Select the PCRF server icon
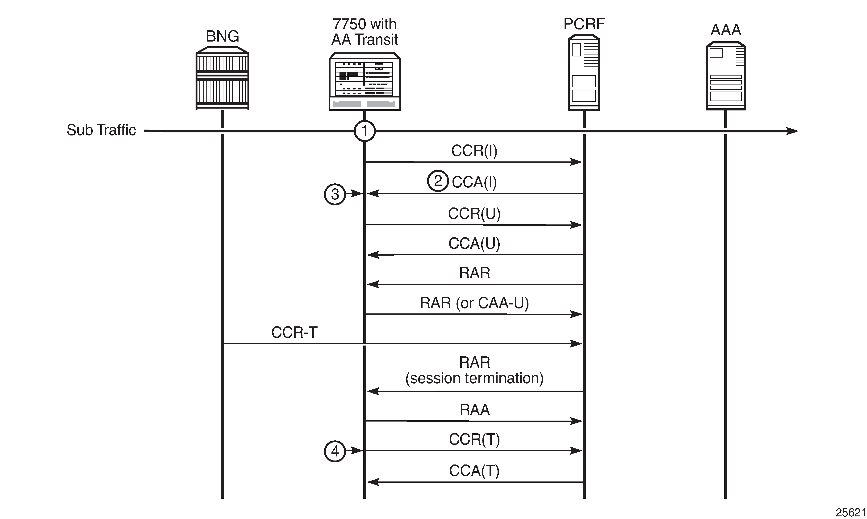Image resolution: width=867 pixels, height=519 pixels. tap(584, 73)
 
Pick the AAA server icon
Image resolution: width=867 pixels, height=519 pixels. tap(726, 76)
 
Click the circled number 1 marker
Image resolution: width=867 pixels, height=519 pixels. tap(365, 131)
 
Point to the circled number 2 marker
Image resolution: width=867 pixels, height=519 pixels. tap(438, 181)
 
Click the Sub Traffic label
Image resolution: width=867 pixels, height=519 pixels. tap(101, 130)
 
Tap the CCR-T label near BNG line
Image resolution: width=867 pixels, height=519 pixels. tap(294, 333)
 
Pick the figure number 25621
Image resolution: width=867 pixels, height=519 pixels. tap(850, 513)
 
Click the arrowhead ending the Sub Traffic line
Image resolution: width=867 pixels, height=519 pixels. tap(793, 131)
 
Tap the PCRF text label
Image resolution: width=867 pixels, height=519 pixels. tap(584, 24)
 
